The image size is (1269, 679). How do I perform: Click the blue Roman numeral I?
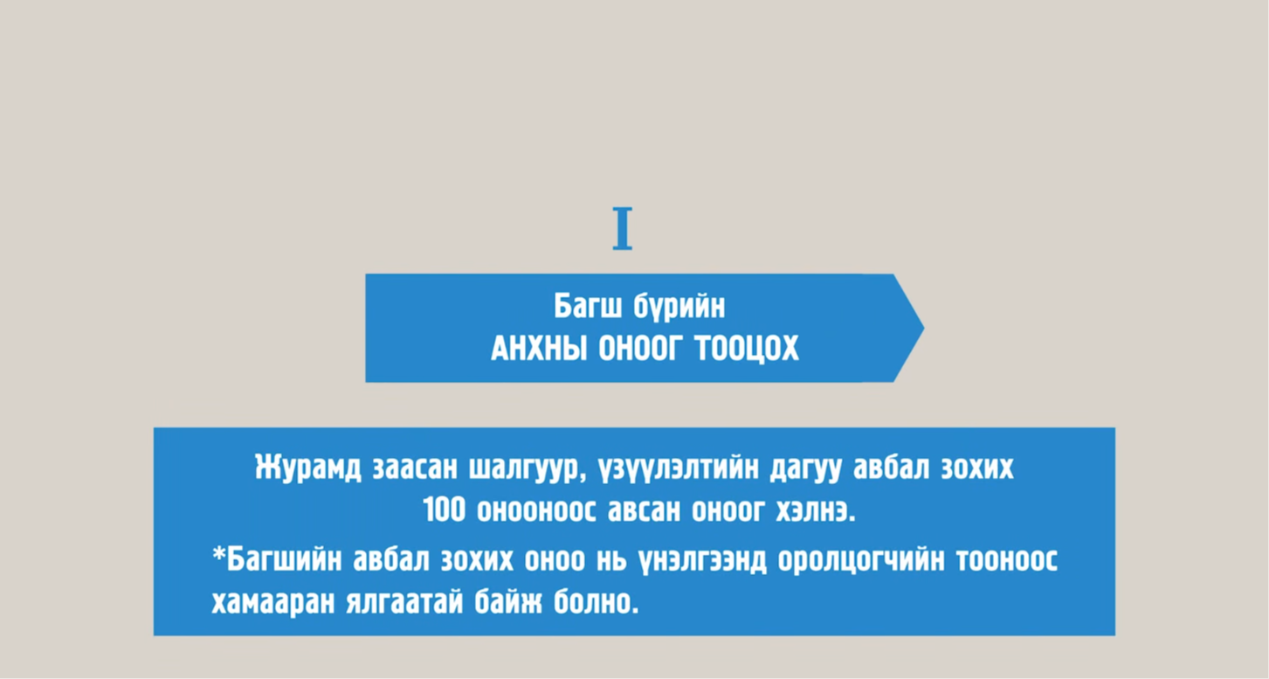623,228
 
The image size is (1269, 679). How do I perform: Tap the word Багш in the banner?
588,306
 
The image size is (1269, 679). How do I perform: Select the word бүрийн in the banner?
679,308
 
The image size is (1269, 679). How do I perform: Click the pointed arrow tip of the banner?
923,329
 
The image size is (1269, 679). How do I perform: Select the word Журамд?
307,468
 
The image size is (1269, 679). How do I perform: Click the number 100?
445,510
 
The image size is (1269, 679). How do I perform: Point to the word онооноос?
536,510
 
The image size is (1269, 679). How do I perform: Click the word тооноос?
1007,560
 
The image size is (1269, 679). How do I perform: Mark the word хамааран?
273,602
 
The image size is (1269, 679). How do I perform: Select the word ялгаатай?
404,602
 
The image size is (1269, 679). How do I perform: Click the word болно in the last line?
596,602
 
